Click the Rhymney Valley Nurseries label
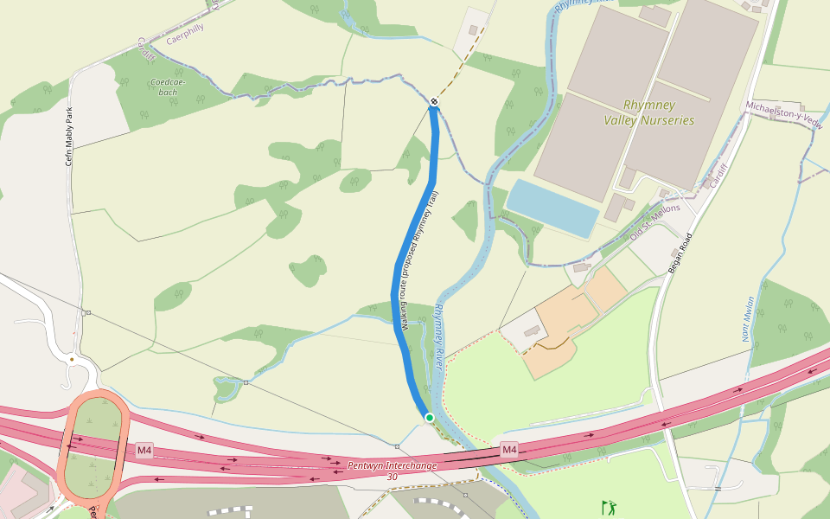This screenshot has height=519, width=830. pos(648,112)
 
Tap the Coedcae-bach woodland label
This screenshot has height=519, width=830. pos(169,86)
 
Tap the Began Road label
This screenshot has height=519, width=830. pos(681,253)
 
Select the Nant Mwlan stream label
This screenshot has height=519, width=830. pos(748,320)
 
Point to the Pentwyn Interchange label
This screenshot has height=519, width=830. pos(392,465)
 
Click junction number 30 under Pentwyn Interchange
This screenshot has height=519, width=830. pos(393,477)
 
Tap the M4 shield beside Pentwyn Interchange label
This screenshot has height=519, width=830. pos(509,450)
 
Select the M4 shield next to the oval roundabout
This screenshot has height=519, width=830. pos(144,451)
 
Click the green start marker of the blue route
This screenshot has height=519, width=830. pos(429,418)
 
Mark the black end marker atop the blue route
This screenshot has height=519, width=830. pos(434,103)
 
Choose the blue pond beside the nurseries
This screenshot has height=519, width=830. pos(552,208)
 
